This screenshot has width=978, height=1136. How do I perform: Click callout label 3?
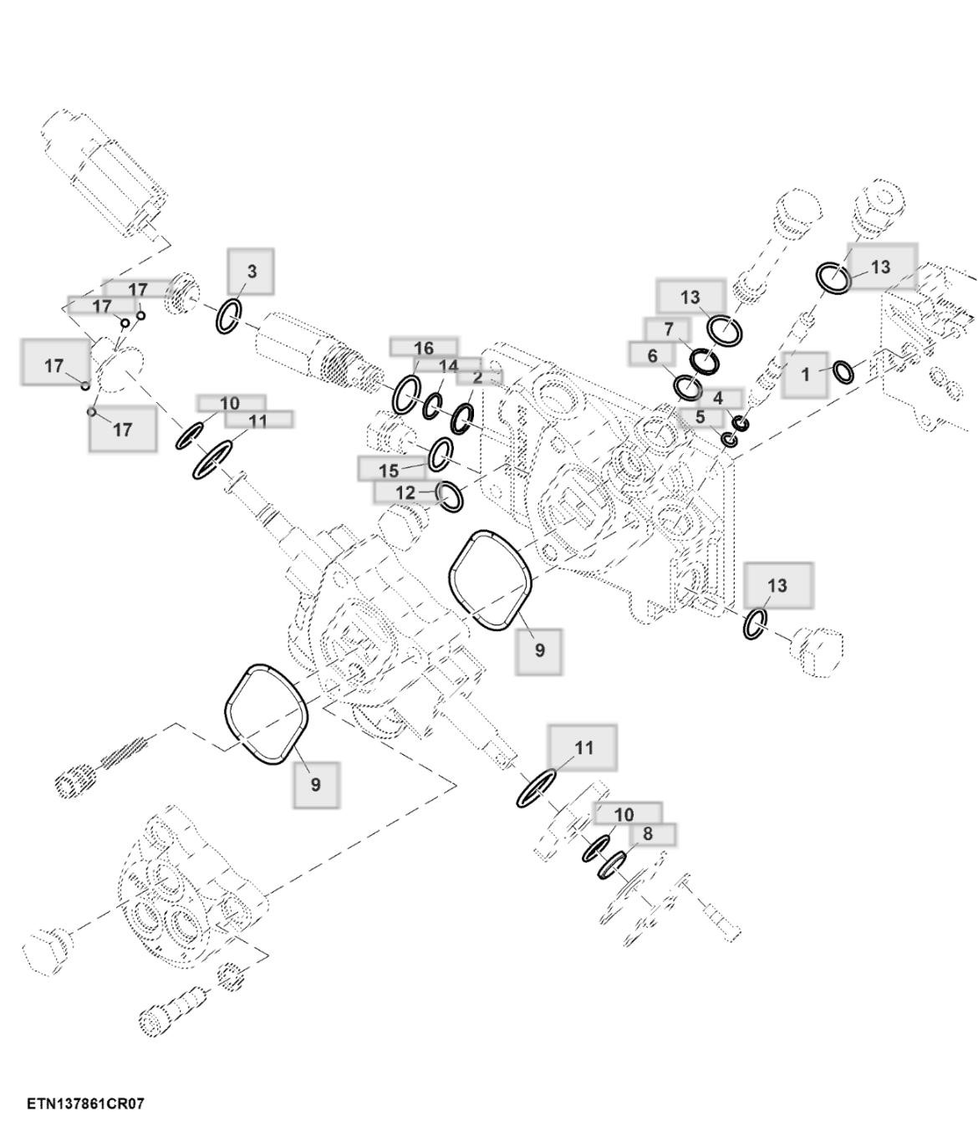pos(251,271)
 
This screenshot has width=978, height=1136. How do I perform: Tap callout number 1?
pos(805,374)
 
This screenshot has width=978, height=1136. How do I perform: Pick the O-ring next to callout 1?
pos(843,371)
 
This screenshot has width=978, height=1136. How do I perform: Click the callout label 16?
pos(424,348)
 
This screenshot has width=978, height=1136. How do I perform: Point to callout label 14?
pos(448,366)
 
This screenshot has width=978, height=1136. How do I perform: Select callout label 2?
pos(477,377)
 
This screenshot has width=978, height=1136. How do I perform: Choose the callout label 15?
pos(389,470)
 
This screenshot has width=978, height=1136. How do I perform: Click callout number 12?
pos(405,492)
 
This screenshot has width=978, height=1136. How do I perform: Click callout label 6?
pos(652,356)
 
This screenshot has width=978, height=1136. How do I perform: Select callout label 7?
pos(668,329)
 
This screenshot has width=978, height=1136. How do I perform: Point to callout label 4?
pos(717,399)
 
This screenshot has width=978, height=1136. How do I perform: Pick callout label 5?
pos(700,416)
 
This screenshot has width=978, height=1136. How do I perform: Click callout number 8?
pos(647,833)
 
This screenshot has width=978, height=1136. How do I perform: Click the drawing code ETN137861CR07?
pos(85,1103)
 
